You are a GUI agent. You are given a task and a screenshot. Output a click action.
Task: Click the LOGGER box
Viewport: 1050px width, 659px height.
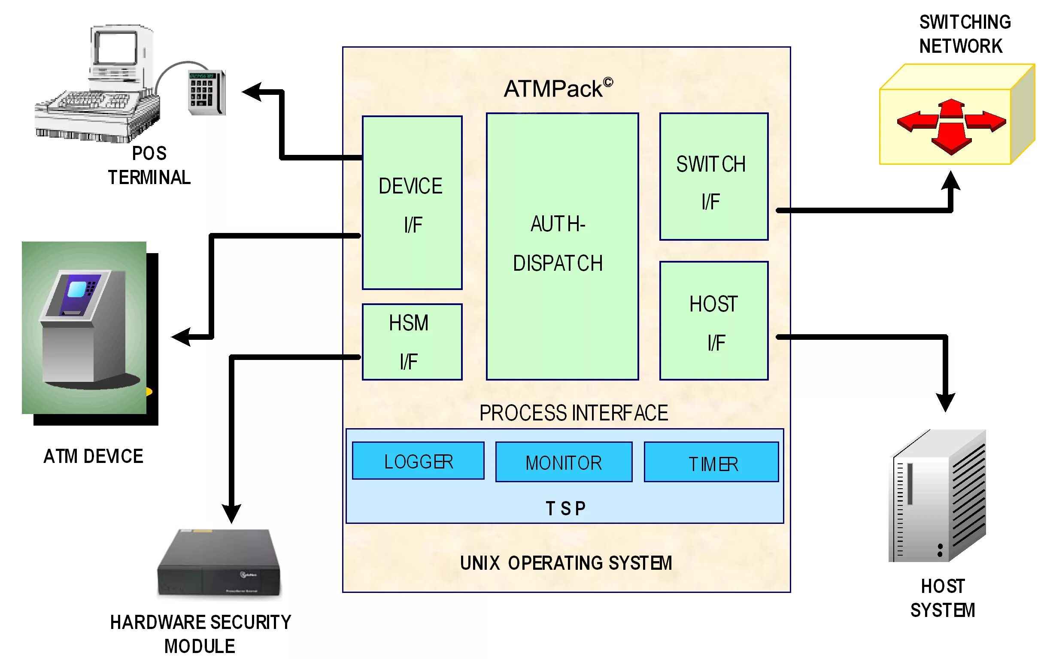[418, 461]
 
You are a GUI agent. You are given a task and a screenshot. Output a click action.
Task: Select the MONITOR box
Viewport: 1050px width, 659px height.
[563, 462]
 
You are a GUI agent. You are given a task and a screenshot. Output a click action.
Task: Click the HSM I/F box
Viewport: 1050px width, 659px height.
[412, 342]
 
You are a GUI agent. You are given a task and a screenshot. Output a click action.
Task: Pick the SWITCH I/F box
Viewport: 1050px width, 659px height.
[713, 176]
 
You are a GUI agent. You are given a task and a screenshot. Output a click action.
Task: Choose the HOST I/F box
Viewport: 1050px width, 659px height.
[713, 321]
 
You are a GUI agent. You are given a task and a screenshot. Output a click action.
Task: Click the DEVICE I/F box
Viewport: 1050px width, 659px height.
[412, 203]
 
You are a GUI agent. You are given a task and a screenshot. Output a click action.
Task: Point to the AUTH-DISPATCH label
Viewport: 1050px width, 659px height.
[558, 244]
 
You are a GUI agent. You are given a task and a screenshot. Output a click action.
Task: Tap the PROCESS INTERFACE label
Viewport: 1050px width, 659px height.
[573, 413]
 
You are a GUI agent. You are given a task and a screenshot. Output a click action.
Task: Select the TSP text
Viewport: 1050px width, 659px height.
[565, 509]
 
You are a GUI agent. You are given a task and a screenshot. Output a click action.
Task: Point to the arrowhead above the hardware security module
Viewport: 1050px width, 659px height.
[231, 514]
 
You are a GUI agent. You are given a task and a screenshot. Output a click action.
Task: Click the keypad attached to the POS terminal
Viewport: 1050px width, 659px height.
[206, 92]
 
